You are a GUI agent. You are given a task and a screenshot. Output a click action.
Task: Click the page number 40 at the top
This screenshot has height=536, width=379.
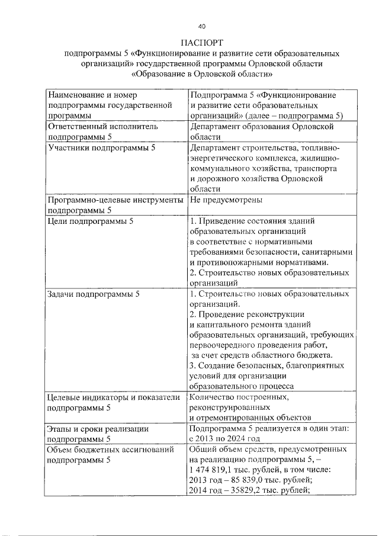point(201,26)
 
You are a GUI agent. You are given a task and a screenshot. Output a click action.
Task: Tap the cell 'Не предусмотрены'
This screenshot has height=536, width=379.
point(226,200)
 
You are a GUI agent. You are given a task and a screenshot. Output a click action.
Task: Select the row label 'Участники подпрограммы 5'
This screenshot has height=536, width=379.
point(101,147)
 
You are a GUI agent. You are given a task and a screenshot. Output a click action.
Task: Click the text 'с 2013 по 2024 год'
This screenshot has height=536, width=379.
point(224,439)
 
